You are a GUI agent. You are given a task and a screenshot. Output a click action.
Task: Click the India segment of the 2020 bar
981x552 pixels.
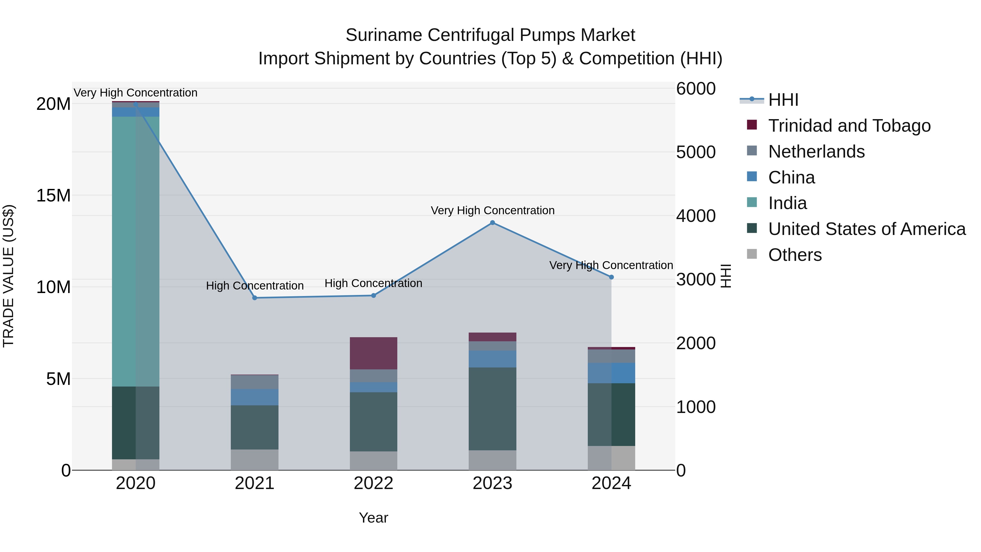point(136,251)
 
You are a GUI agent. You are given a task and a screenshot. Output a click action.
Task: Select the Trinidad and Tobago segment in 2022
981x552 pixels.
point(373,353)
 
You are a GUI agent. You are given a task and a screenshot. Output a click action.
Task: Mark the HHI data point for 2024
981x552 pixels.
point(611,277)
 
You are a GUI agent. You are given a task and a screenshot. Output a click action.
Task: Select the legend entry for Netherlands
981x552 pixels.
point(816,152)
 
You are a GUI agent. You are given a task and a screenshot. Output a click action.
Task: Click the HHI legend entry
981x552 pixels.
point(783,100)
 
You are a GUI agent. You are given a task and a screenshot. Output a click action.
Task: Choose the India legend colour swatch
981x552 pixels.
point(752,202)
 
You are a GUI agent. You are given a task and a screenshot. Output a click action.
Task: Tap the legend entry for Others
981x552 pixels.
point(795,255)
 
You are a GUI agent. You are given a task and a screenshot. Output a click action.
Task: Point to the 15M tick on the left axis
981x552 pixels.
point(53,195)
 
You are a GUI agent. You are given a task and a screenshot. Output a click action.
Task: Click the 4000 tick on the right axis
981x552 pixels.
point(696,216)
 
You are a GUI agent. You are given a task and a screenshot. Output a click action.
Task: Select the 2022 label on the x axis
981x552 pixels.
point(373,483)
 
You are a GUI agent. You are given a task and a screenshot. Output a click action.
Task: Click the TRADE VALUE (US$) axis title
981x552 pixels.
point(8,276)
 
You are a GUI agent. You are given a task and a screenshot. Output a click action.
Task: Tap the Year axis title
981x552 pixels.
point(373,518)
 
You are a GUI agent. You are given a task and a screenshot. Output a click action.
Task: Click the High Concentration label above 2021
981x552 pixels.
point(255,286)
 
